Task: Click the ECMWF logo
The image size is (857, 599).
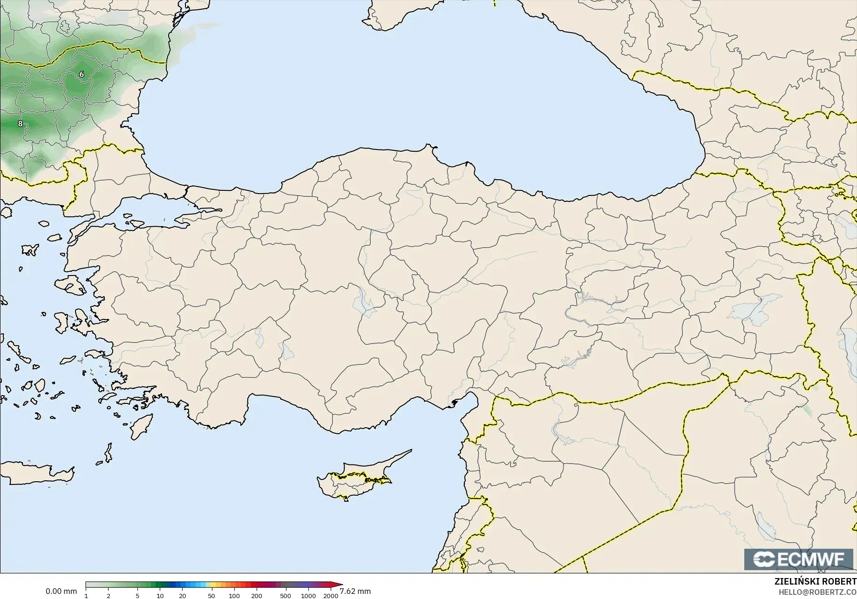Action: [x=798, y=559]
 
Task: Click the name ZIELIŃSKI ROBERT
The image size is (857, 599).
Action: [x=815, y=581]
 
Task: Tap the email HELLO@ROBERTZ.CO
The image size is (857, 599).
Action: [x=817, y=592]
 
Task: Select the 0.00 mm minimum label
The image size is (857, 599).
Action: [x=61, y=591]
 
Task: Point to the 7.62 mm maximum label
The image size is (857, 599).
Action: [x=355, y=591]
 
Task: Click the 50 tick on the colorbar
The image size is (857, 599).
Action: [x=211, y=595]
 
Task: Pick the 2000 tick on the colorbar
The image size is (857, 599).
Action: [x=331, y=595]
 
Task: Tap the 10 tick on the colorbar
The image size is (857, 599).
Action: [x=160, y=595]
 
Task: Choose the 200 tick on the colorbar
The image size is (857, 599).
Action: [x=257, y=595]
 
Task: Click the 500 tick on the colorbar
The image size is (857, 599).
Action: [x=286, y=595]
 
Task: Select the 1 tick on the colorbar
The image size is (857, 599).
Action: [x=86, y=595]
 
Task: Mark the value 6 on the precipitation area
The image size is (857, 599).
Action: [x=82, y=74]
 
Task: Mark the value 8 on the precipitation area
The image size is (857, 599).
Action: [x=20, y=123]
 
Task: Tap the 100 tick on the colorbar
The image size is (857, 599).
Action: [x=234, y=595]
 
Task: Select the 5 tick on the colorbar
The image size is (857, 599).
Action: [x=137, y=595]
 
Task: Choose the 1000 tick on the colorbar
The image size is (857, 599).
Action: [x=308, y=595]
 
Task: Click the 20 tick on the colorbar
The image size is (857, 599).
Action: [x=182, y=595]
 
